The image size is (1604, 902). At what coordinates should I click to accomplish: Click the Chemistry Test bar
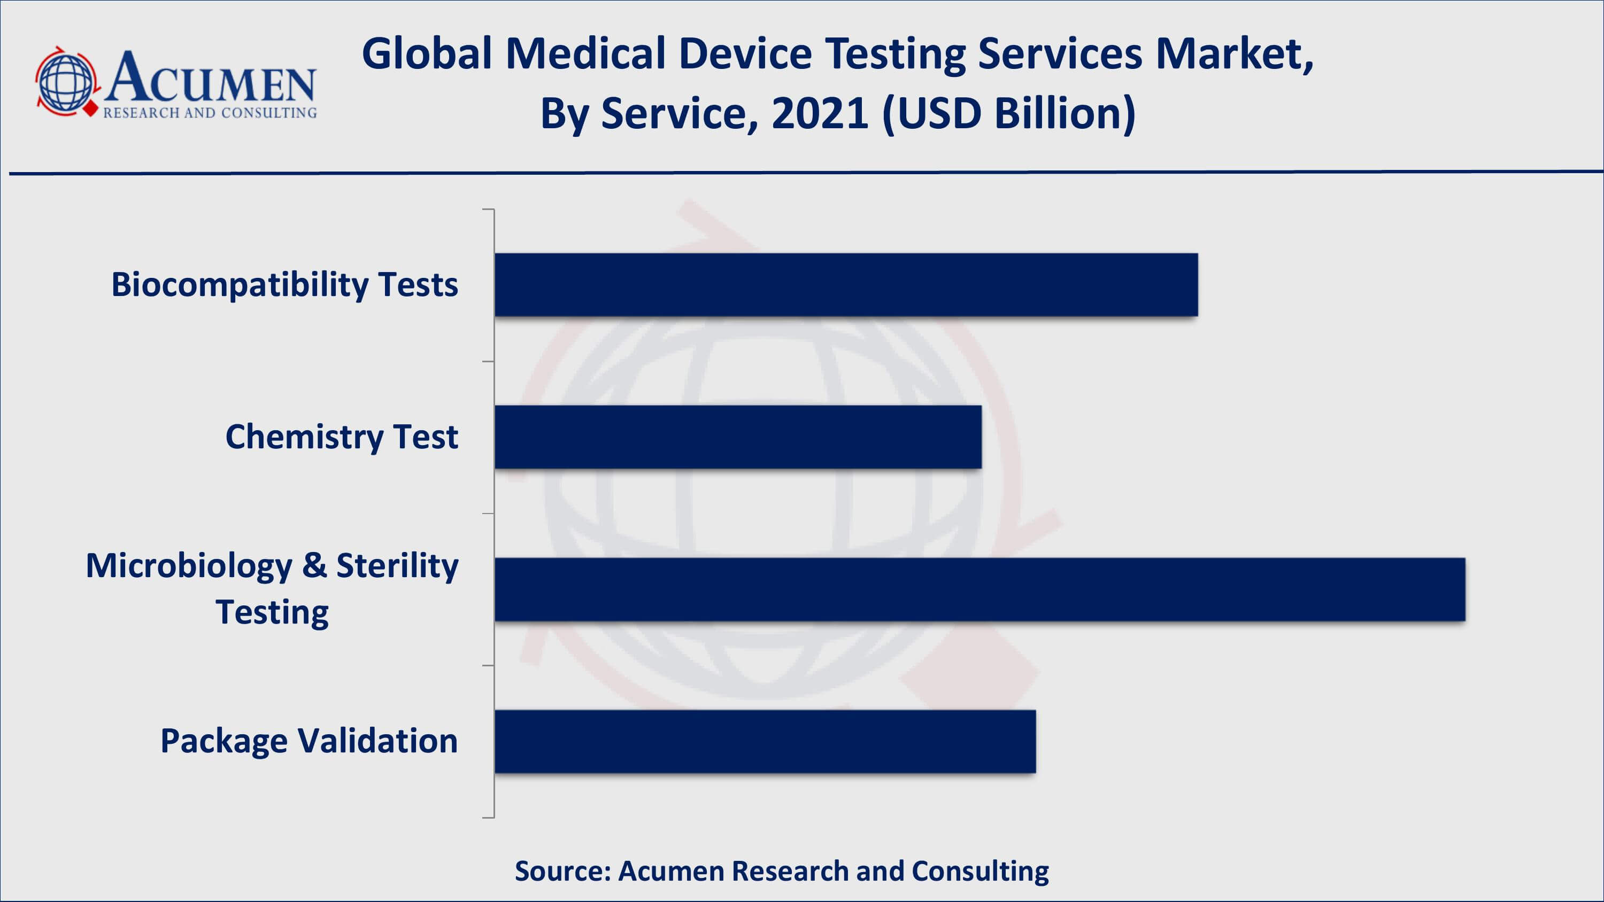(x=738, y=437)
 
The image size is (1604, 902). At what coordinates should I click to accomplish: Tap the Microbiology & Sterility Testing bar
(x=980, y=589)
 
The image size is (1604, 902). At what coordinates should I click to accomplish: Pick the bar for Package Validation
(x=765, y=741)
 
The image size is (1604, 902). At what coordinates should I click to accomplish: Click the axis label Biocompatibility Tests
(x=284, y=285)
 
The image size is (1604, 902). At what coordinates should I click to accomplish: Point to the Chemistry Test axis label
(x=341, y=437)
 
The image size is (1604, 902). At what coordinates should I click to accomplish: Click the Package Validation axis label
(x=309, y=741)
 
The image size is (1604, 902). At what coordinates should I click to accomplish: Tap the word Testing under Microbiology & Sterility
(x=272, y=612)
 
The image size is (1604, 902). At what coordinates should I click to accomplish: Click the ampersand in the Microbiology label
(x=314, y=565)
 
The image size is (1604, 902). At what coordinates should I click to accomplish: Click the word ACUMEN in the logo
(x=210, y=78)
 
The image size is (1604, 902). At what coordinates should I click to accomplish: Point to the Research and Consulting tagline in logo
(x=210, y=113)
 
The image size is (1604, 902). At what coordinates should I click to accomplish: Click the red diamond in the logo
(x=91, y=109)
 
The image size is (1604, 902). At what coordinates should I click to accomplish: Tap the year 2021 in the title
(x=820, y=114)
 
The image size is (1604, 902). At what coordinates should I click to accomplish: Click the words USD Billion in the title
(x=1009, y=114)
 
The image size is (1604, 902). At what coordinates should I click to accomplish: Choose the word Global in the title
(x=427, y=53)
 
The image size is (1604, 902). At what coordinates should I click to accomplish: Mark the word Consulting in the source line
(x=980, y=871)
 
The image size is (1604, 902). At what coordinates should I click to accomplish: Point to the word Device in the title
(x=745, y=53)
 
